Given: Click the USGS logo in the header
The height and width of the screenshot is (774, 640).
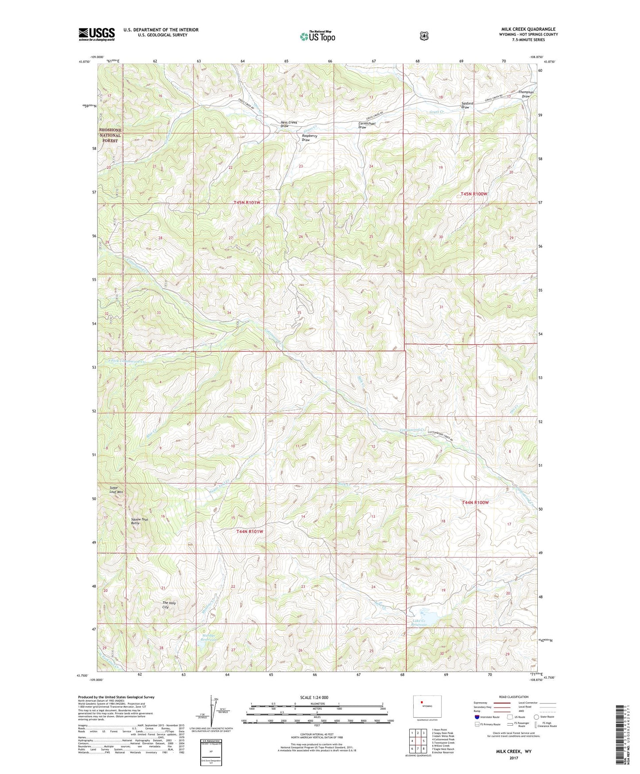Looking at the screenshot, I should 97,34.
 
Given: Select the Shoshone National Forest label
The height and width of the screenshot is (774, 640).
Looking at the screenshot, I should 110,135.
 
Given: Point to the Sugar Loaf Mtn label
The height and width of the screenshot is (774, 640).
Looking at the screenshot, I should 116,489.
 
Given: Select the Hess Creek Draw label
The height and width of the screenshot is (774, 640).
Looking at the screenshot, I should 289,124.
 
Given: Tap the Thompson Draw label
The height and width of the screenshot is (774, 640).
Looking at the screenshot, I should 526,94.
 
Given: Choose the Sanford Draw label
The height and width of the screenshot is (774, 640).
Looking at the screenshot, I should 467,105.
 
